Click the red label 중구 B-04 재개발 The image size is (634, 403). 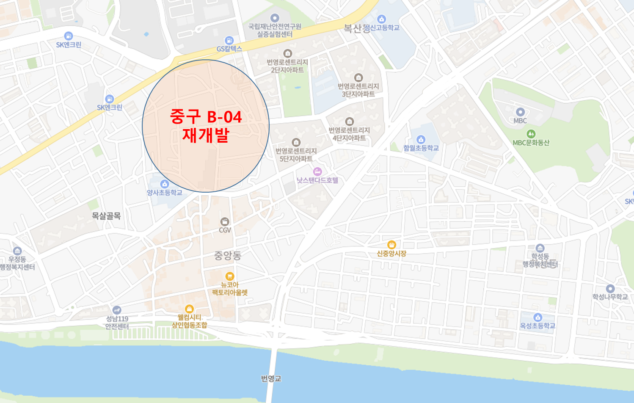pyautogui.click(x=206, y=126)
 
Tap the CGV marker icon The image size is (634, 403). pyautogui.click(x=225, y=221)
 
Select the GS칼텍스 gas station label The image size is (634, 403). pyautogui.click(x=229, y=49)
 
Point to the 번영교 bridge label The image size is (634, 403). pyautogui.click(x=271, y=378)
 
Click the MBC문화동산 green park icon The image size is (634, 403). pyautogui.click(x=531, y=134)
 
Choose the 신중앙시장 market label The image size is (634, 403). pyautogui.click(x=391, y=254)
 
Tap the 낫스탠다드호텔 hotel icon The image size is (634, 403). pyautogui.click(x=317, y=171)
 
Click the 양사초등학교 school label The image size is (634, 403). pyautogui.click(x=165, y=193)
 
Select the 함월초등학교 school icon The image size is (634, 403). pyautogui.click(x=421, y=139)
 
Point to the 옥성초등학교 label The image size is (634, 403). pyautogui.click(x=538, y=326)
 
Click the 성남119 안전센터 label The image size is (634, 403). pyautogui.click(x=117, y=323)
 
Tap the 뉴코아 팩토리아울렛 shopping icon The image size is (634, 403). pyautogui.click(x=230, y=276)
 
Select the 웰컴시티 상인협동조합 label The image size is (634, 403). pyautogui.click(x=189, y=321)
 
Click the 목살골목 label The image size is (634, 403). pyautogui.click(x=106, y=216)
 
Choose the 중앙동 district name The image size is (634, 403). pyautogui.click(x=228, y=255)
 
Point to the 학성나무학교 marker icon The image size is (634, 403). pyautogui.click(x=610, y=289)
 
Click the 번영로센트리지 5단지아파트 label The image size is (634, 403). pyautogui.click(x=296, y=155)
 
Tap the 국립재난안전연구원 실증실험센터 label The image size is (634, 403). pyautogui.click(x=275, y=30)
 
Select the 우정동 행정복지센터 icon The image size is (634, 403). pyautogui.click(x=17, y=251)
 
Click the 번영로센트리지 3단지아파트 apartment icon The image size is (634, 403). pyautogui.click(x=358, y=77)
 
